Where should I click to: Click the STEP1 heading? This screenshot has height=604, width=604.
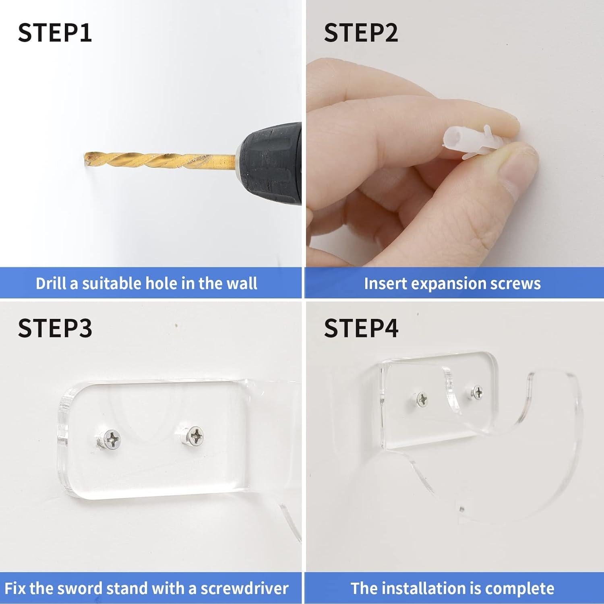click(55, 33)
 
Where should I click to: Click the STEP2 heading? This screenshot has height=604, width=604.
click(361, 33)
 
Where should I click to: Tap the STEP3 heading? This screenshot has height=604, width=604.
click(55, 328)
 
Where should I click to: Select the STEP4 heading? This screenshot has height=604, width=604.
click(361, 328)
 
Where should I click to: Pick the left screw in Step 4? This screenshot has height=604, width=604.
click(422, 399)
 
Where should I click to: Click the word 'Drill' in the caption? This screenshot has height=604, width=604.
click(51, 283)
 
